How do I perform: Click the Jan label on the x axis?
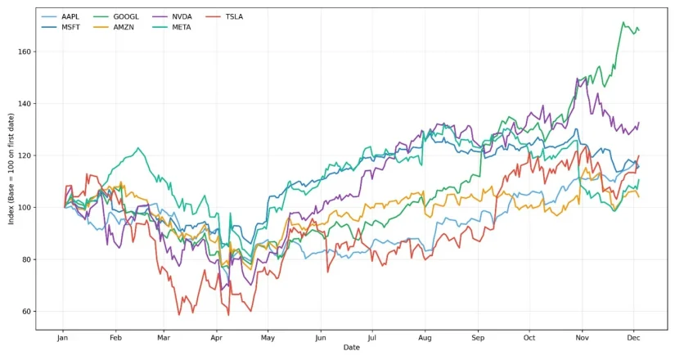62,337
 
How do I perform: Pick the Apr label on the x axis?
216,337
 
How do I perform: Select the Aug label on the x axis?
424,337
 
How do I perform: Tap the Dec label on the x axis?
632,337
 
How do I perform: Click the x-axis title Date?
351,348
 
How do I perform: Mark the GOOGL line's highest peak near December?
623,22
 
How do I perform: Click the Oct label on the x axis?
529,337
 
